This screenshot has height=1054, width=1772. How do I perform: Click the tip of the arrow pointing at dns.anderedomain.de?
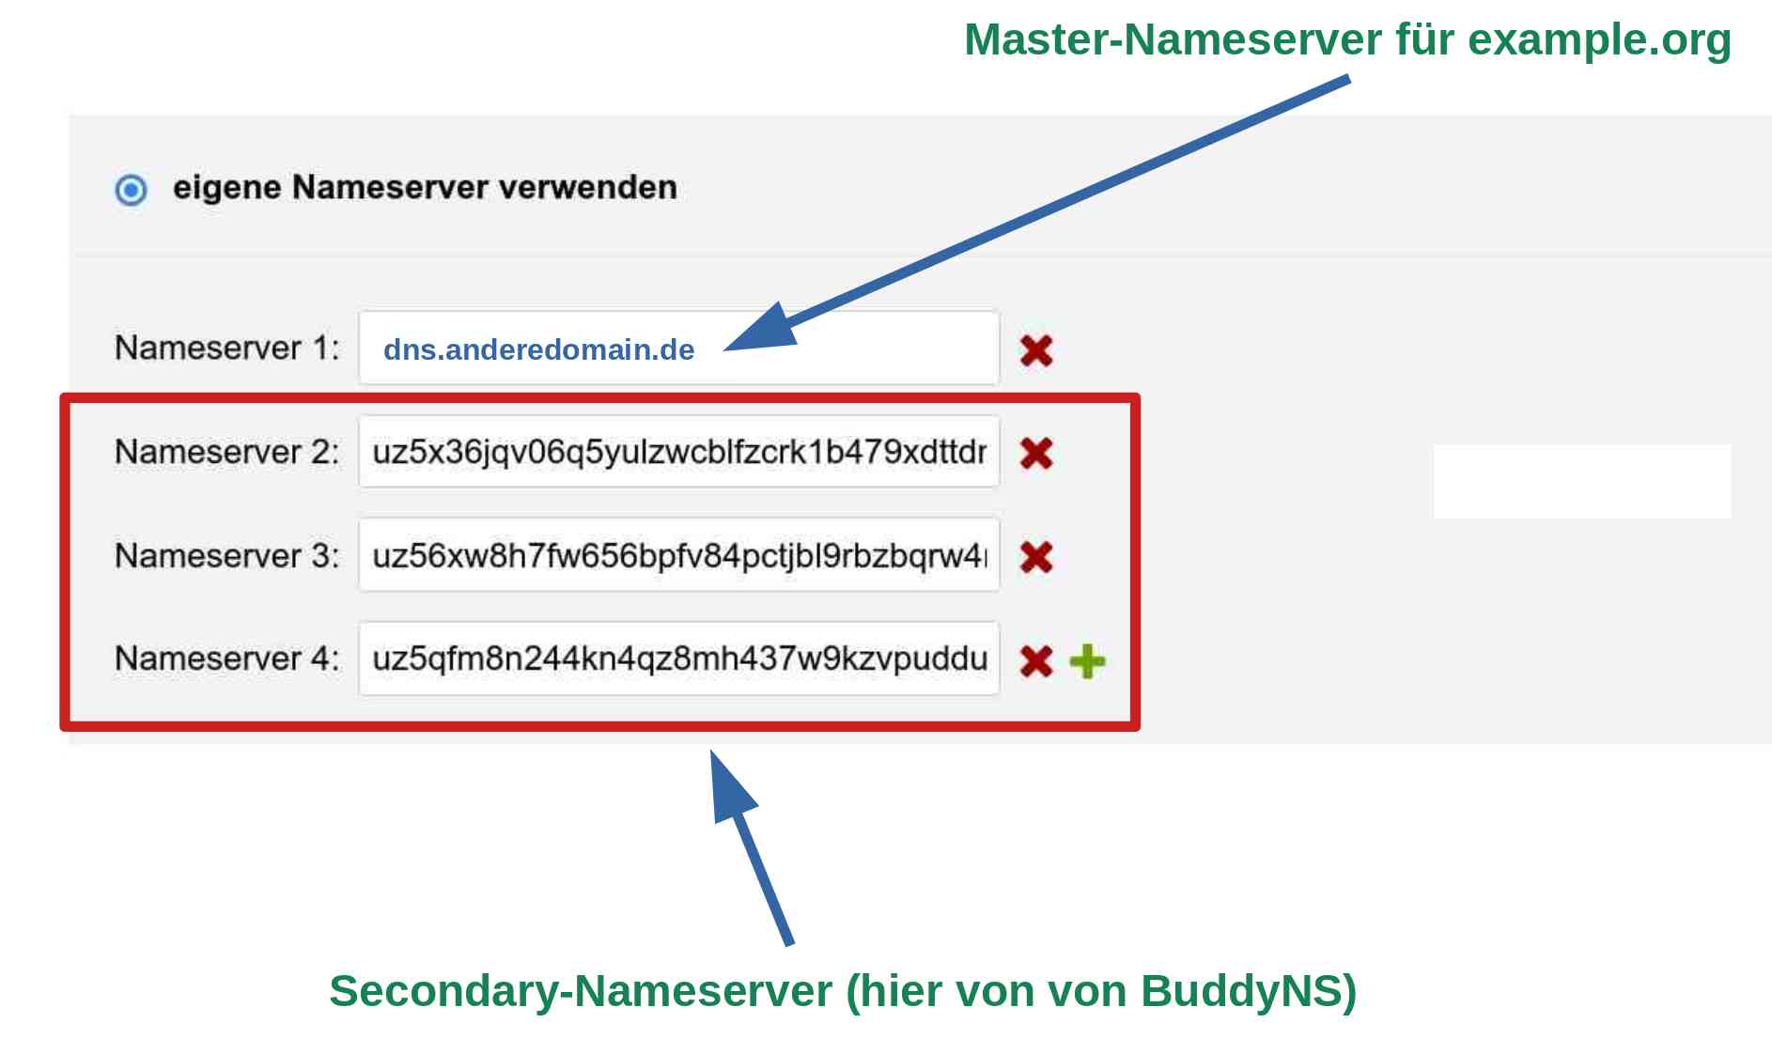point(724,349)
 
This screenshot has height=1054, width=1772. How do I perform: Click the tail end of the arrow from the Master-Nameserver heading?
point(1348,79)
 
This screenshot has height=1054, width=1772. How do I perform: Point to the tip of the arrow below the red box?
point(711,751)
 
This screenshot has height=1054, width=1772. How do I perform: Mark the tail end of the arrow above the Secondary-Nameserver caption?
point(789,943)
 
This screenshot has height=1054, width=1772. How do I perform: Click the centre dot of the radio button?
point(132,190)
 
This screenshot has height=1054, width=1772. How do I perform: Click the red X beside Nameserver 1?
point(1036,350)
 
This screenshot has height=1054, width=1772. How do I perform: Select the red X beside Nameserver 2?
point(1036,453)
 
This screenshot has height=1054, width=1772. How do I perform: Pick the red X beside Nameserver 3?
point(1036,556)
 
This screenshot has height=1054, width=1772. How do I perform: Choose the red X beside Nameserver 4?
point(1036,660)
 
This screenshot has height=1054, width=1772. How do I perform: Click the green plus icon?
point(1088,661)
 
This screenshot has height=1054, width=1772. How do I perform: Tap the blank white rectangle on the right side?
point(1582,481)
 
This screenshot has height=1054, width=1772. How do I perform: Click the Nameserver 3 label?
point(226,555)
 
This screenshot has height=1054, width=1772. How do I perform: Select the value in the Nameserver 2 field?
point(679,453)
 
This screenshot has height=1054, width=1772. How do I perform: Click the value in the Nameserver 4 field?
point(679,659)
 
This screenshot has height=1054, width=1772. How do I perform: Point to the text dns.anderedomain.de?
point(538,349)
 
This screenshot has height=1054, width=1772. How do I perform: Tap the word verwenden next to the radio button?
point(587,187)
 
